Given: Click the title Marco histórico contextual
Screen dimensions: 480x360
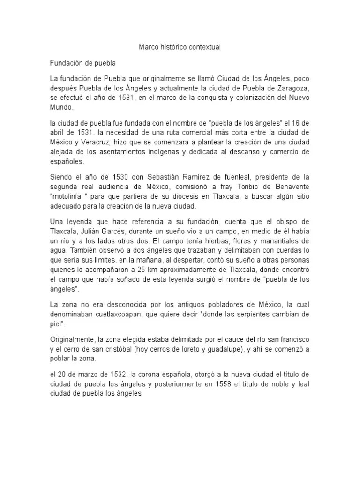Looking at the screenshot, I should coord(180,47).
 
